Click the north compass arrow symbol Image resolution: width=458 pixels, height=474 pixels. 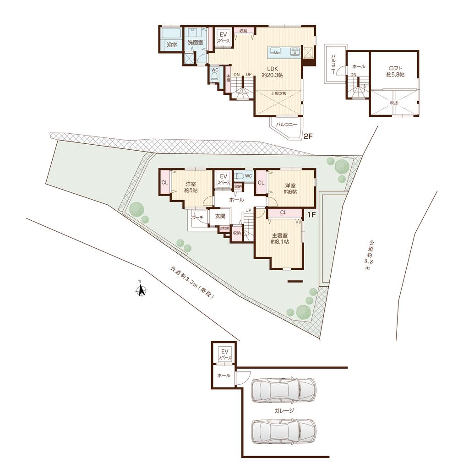click(x=142, y=290)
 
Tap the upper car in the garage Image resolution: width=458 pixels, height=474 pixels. click(x=284, y=390)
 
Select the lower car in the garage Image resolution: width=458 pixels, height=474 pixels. click(x=284, y=431)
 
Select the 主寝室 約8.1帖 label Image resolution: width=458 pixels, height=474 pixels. click(x=279, y=238)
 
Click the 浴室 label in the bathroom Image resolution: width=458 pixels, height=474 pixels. click(x=172, y=45)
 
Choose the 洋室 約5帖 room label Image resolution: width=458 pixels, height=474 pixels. click(x=190, y=187)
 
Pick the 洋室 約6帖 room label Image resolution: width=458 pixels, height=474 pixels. click(x=290, y=189)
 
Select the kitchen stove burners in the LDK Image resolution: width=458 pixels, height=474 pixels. click(x=295, y=51)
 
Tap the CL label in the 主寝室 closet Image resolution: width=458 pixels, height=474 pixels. click(x=283, y=212)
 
